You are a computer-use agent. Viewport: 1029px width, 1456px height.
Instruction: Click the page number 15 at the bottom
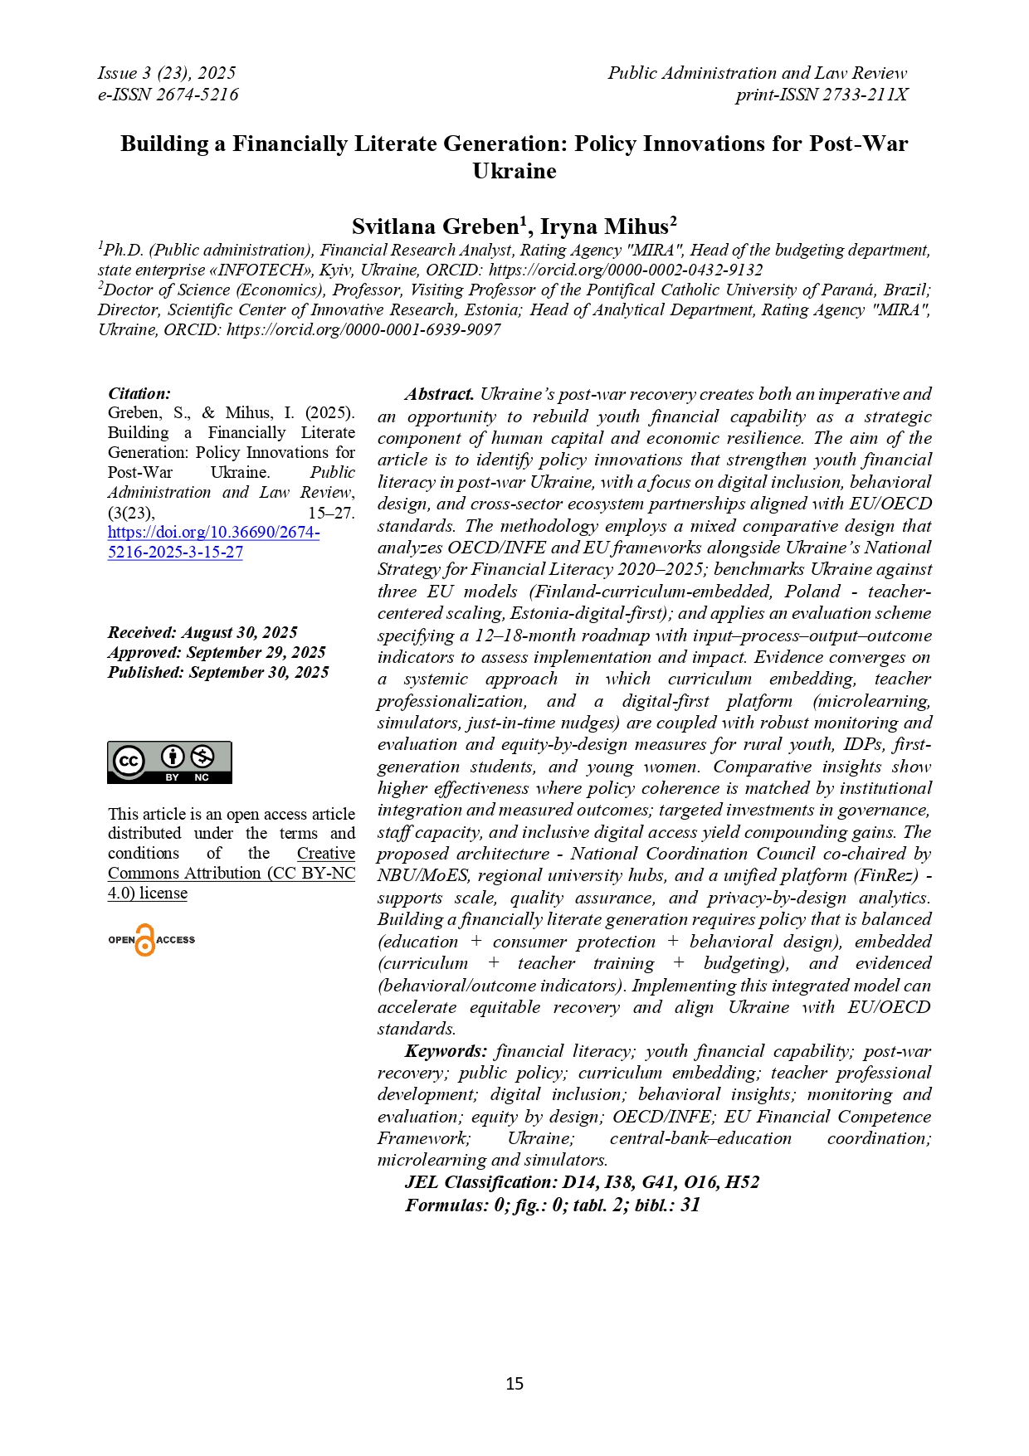pyautogui.click(x=514, y=1383)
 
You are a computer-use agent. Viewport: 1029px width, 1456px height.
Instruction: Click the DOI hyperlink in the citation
pyautogui.click(x=213, y=533)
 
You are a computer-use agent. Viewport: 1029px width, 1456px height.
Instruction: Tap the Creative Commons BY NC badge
pyautogui.click(x=169, y=762)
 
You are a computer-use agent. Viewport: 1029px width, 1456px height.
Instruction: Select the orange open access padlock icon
pyautogui.click(x=145, y=940)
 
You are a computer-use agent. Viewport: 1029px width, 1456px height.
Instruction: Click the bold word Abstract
pyautogui.click(x=440, y=394)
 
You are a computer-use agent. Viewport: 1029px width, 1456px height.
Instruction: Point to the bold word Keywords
pyautogui.click(x=446, y=1051)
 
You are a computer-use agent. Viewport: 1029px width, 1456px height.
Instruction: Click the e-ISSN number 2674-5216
pyautogui.click(x=198, y=95)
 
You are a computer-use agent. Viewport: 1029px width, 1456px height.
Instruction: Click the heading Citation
pyautogui.click(x=139, y=393)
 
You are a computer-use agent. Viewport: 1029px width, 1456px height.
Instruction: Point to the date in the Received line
pyautogui.click(x=240, y=632)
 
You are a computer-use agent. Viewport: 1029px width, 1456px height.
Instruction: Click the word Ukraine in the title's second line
pyautogui.click(x=514, y=171)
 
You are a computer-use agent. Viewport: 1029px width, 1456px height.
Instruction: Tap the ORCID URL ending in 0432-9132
pyautogui.click(x=626, y=270)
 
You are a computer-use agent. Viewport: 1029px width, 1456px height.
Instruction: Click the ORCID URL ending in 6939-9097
pyautogui.click(x=363, y=329)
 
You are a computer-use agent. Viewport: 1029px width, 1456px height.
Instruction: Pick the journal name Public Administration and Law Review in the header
pyautogui.click(x=757, y=73)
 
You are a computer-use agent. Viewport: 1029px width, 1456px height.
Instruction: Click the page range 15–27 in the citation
pyautogui.click(x=331, y=513)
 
